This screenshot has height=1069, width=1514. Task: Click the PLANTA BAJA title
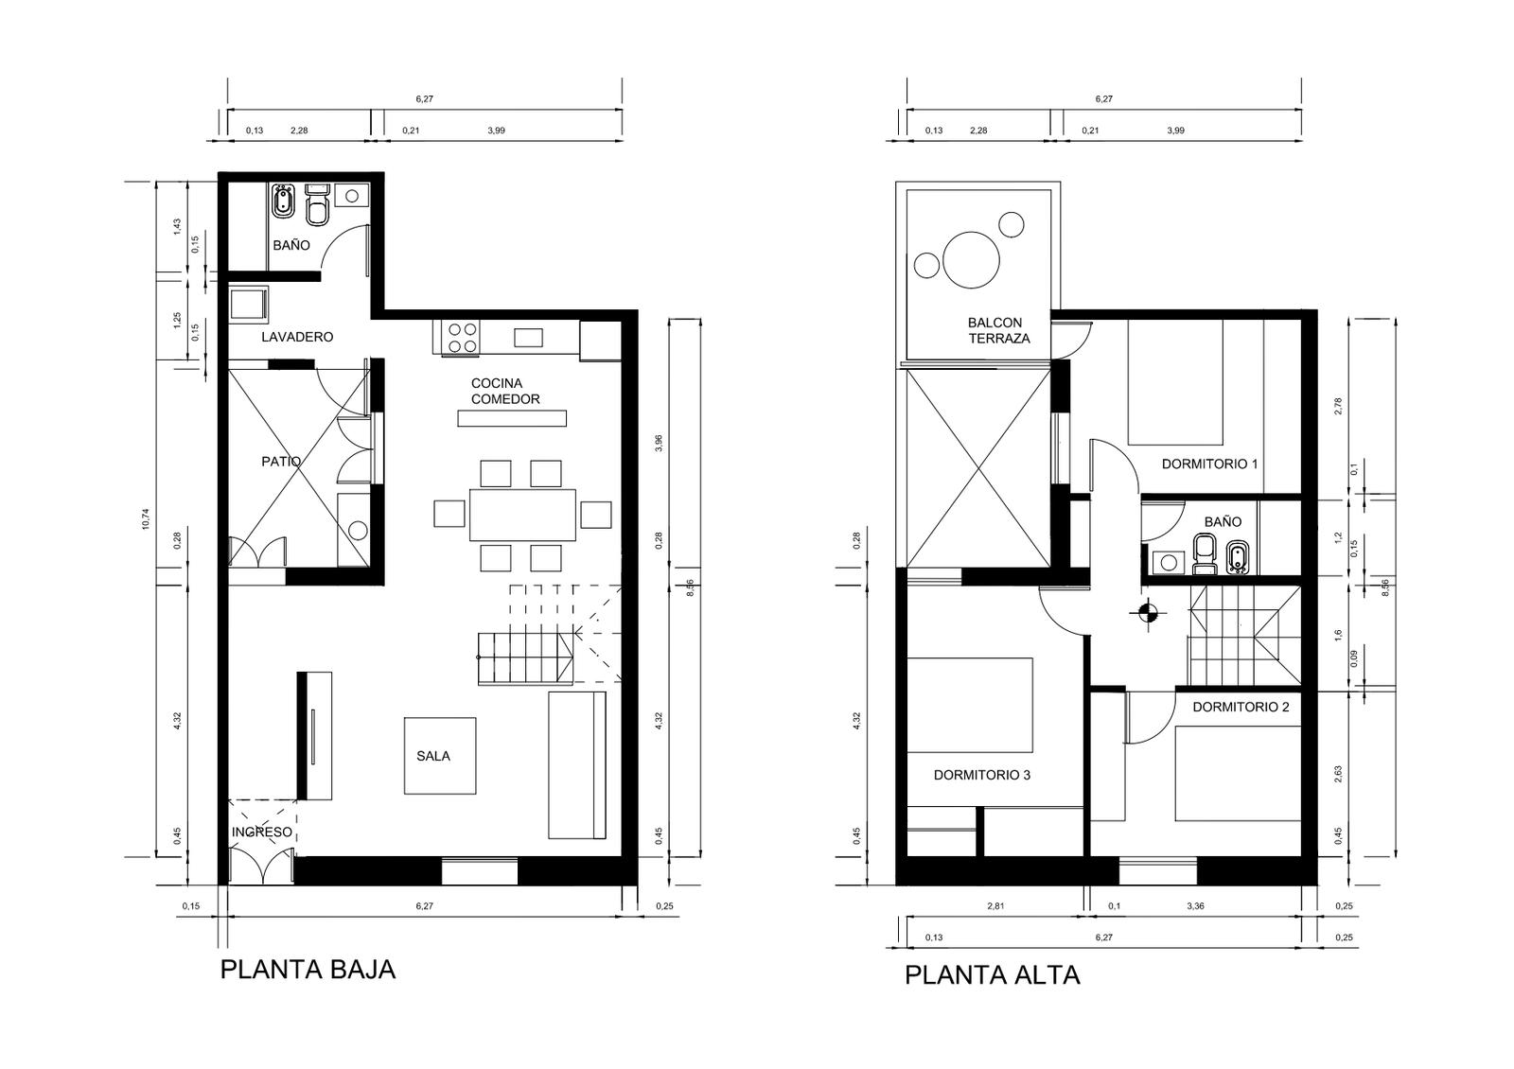(308, 970)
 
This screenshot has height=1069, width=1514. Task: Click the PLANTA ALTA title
(993, 975)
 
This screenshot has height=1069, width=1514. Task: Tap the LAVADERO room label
(297, 337)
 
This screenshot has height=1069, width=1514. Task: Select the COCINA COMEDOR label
(505, 392)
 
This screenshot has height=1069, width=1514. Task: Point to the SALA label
(433, 756)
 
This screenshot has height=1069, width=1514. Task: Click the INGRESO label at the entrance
(262, 832)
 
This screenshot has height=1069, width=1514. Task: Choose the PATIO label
(281, 462)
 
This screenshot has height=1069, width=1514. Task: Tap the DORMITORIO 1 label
(1210, 464)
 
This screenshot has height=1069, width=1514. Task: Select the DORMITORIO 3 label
(982, 775)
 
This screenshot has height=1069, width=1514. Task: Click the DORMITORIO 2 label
(1241, 707)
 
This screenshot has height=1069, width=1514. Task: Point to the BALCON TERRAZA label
(999, 330)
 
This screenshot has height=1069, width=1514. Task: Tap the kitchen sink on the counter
(529, 337)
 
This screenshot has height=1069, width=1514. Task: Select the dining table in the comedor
(523, 515)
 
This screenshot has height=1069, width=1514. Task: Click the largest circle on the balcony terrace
(971, 260)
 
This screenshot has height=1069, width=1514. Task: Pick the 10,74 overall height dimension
(146, 519)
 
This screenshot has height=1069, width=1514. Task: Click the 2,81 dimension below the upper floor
(995, 906)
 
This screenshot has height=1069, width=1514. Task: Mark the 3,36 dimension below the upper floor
(1196, 906)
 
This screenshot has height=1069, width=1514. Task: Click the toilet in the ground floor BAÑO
(317, 204)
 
